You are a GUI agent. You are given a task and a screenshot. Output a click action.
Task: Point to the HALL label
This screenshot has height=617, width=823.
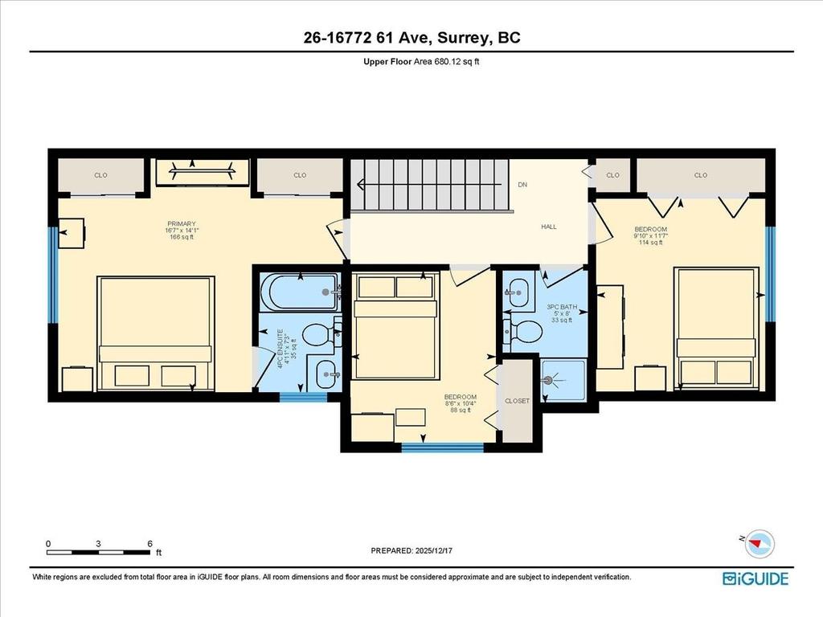pyautogui.click(x=548, y=227)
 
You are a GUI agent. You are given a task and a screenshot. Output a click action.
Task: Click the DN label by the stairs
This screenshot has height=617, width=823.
pyautogui.click(x=522, y=184)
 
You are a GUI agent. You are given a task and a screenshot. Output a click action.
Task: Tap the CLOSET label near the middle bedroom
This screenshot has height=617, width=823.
pyautogui.click(x=517, y=401)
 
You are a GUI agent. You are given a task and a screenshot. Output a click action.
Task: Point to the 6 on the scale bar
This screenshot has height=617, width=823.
pyautogui.click(x=150, y=544)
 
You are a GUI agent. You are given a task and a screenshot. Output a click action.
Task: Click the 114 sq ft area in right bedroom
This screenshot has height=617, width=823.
pyautogui.click(x=650, y=242)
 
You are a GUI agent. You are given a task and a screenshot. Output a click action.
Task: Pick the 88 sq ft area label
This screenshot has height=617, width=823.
pyautogui.click(x=461, y=411)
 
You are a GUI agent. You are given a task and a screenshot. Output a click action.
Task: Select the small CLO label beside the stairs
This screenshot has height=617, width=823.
pyautogui.click(x=612, y=175)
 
